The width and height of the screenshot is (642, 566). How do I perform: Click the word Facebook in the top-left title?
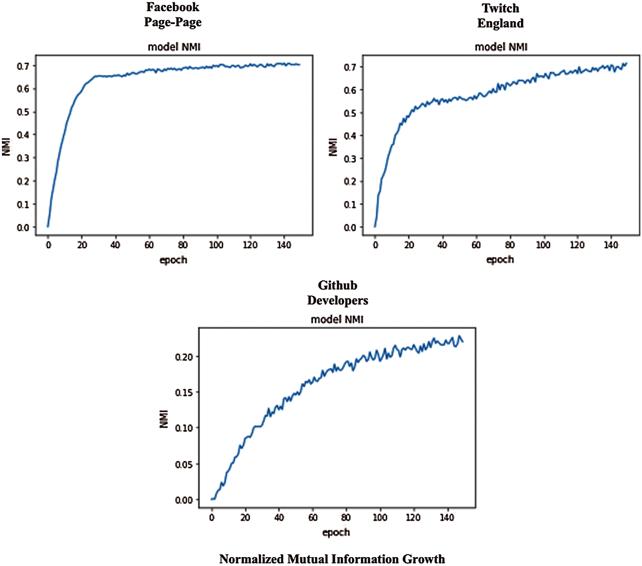(x=173, y=7)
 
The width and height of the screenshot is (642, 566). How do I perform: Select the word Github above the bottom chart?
(x=337, y=285)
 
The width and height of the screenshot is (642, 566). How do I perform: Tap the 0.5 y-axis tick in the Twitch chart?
(x=350, y=113)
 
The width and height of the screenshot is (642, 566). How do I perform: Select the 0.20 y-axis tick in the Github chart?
(x=184, y=357)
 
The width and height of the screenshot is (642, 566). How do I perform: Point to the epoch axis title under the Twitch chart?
(x=500, y=260)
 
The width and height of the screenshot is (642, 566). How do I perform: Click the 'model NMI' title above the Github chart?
(x=337, y=320)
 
